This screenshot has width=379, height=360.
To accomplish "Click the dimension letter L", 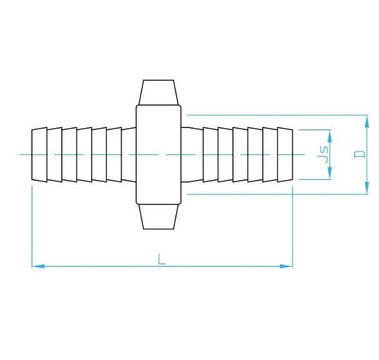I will tap(162, 259).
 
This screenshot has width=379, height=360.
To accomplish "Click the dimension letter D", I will tap(359, 154).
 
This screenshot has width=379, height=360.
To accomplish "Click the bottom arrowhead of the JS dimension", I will tap(329, 175).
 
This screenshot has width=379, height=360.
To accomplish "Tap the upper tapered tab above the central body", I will tap(159, 92).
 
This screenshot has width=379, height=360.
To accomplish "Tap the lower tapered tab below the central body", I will tap(159, 216).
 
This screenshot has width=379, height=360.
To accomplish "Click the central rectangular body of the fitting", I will tap(159, 154).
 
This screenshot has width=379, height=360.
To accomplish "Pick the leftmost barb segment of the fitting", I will tap(39, 154).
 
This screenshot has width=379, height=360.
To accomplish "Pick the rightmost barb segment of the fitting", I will tap(285, 154).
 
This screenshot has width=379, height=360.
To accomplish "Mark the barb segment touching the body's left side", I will tap(129, 154).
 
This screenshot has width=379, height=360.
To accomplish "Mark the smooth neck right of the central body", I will tap(192, 154).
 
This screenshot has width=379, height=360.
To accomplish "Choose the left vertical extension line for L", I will tap(32, 225).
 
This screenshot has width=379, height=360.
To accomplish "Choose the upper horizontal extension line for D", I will tap(275, 115).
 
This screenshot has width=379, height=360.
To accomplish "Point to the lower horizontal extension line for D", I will tap(275, 194).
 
